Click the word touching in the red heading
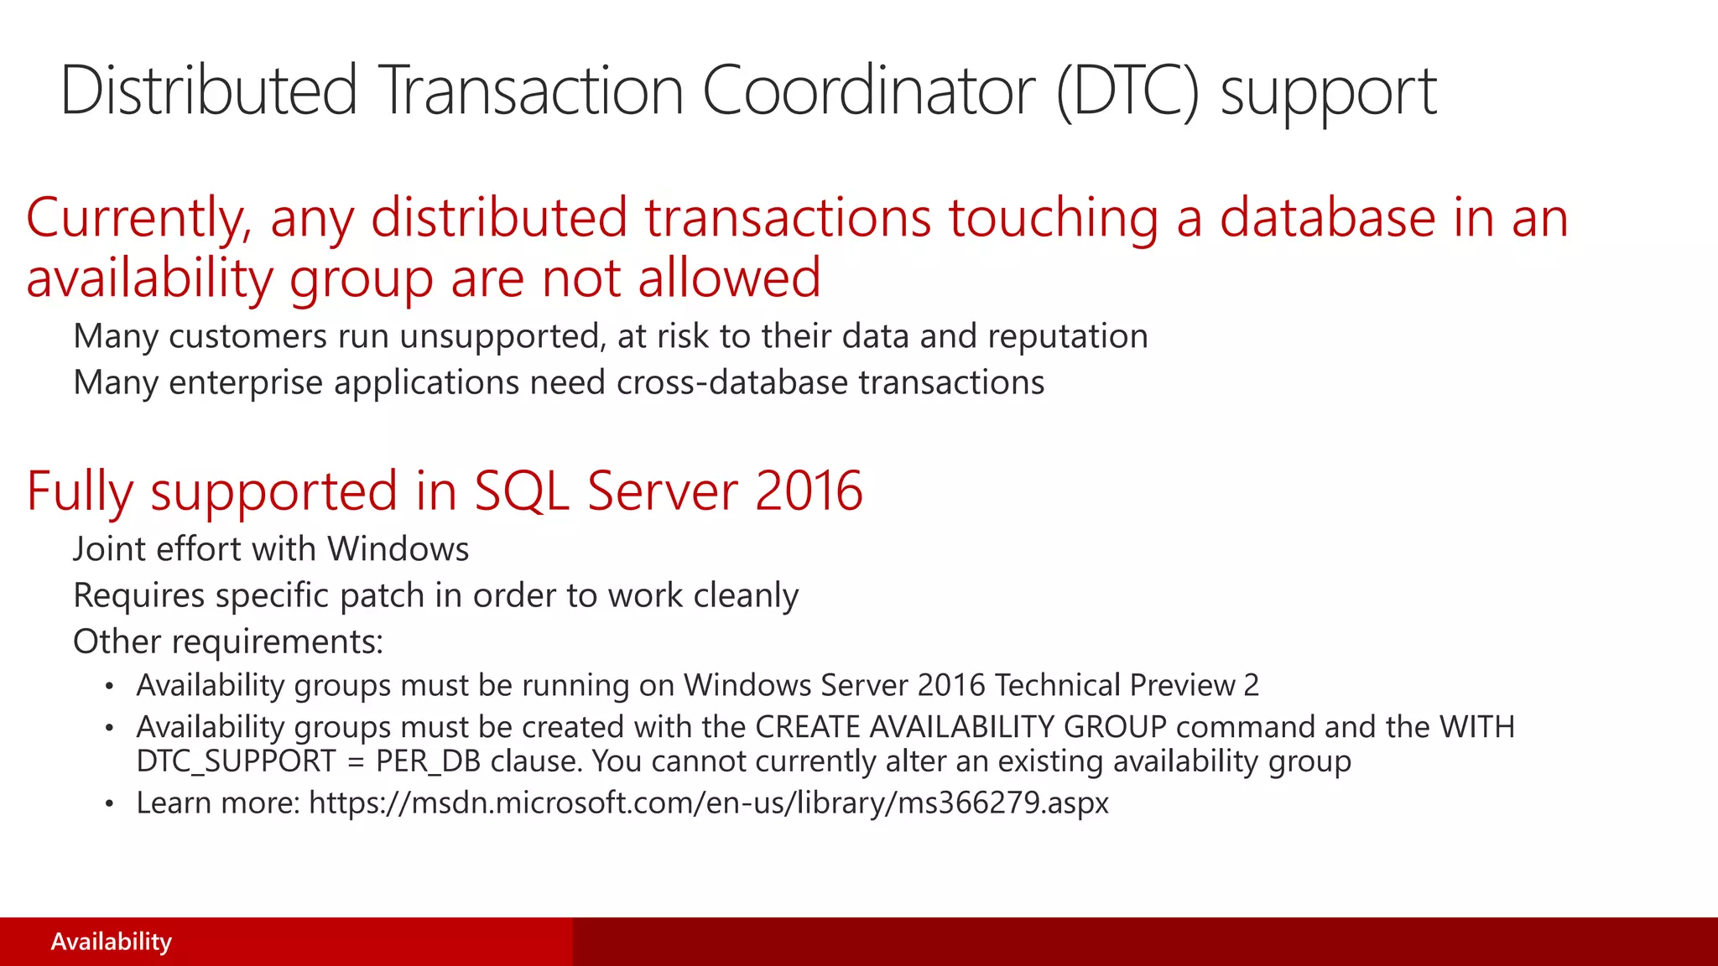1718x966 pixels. click(1054, 218)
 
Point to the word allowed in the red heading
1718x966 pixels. click(729, 278)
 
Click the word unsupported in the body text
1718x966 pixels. click(502, 336)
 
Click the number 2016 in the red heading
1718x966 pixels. click(809, 491)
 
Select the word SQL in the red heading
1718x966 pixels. click(522, 491)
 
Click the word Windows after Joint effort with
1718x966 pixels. click(398, 549)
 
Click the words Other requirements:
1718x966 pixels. click(228, 641)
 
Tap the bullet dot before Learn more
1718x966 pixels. click(109, 803)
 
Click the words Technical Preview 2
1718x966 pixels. click(1127, 685)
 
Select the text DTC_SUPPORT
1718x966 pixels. click(236, 761)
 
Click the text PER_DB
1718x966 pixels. click(428, 761)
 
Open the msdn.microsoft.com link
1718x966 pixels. click(709, 803)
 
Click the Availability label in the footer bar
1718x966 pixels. click(111, 942)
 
